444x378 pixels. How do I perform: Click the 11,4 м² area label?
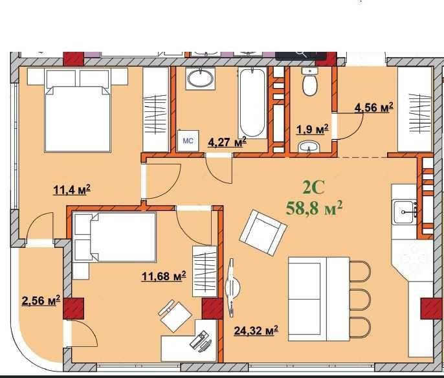(x=72, y=190)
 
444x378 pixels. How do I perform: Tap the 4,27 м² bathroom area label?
(x=227, y=142)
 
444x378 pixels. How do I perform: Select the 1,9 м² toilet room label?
(x=313, y=129)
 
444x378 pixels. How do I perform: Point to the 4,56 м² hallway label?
(x=374, y=107)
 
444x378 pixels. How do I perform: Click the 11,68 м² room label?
(x=164, y=276)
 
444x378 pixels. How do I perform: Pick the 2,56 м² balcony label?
(x=41, y=300)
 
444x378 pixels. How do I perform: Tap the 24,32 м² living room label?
(x=256, y=330)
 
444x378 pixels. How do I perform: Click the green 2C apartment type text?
(x=313, y=188)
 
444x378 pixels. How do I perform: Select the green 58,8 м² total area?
(x=315, y=208)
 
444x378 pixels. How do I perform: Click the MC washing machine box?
(x=188, y=140)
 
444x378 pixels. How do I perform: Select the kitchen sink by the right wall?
(x=405, y=212)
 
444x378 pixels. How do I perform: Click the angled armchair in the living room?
(x=263, y=232)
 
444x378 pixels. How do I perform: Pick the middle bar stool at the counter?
(x=360, y=299)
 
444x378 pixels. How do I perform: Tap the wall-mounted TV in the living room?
(x=232, y=287)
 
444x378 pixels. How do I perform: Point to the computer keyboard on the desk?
(x=197, y=339)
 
